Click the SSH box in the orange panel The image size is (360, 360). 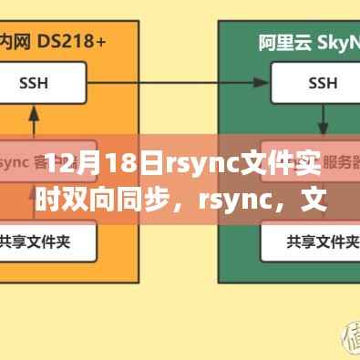pyautogui.click(x=34, y=82)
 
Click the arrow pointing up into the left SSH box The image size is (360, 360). pyautogui.click(x=34, y=118)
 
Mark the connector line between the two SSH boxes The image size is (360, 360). pyautogui.click(x=172, y=82)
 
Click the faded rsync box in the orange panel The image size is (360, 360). pyautogui.click(x=36, y=164)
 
